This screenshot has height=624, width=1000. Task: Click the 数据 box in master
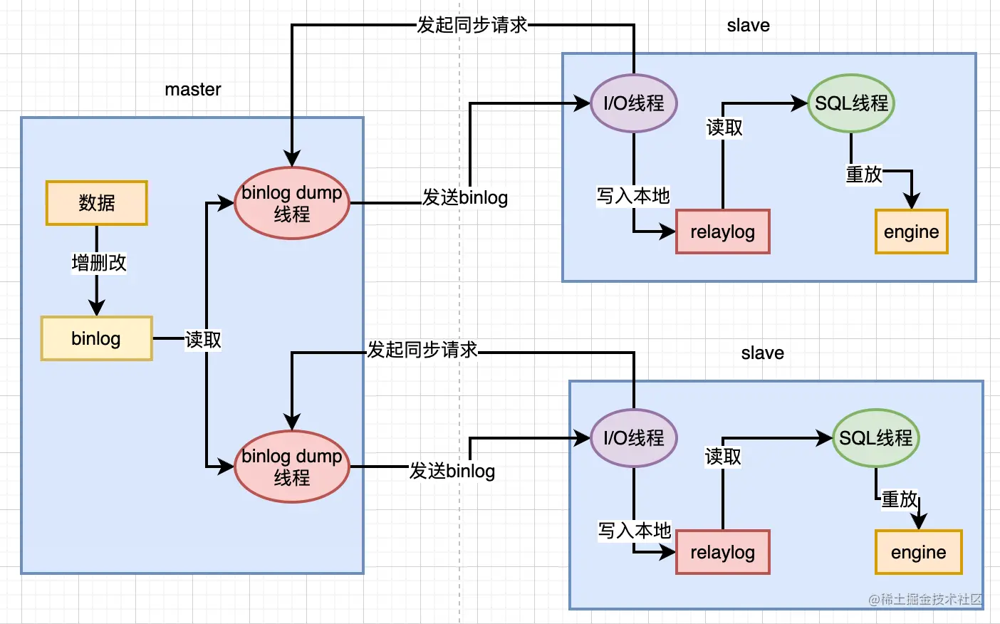pyautogui.click(x=97, y=203)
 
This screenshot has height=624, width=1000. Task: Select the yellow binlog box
pyautogui.click(x=97, y=338)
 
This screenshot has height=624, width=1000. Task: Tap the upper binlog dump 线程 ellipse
pyautogui.click(x=292, y=203)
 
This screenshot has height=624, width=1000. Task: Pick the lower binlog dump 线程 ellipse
pyautogui.click(x=292, y=467)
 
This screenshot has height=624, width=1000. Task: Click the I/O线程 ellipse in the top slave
pyautogui.click(x=634, y=103)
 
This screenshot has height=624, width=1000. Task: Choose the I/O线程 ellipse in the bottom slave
pyautogui.click(x=634, y=438)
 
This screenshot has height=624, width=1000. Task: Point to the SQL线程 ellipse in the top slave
pyautogui.click(x=850, y=103)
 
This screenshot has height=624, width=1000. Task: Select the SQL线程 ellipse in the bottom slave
pyautogui.click(x=875, y=438)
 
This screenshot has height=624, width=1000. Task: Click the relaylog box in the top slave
pyautogui.click(x=722, y=232)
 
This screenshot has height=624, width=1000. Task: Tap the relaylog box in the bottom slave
pyautogui.click(x=722, y=552)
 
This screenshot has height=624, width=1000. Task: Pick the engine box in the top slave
pyautogui.click(x=911, y=232)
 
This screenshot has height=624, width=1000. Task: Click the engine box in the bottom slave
pyautogui.click(x=918, y=552)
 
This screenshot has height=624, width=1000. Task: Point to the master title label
pyautogui.click(x=192, y=90)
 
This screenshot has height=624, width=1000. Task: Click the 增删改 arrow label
pyautogui.click(x=99, y=263)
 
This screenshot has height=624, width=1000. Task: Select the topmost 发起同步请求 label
pyautogui.click(x=472, y=25)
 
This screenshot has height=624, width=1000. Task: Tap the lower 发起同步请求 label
pyautogui.click(x=422, y=350)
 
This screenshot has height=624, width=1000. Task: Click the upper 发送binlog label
pyautogui.click(x=465, y=197)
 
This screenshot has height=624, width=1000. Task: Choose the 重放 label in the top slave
pyautogui.click(x=863, y=174)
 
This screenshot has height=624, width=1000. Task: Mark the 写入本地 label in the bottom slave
pyautogui.click(x=635, y=531)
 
